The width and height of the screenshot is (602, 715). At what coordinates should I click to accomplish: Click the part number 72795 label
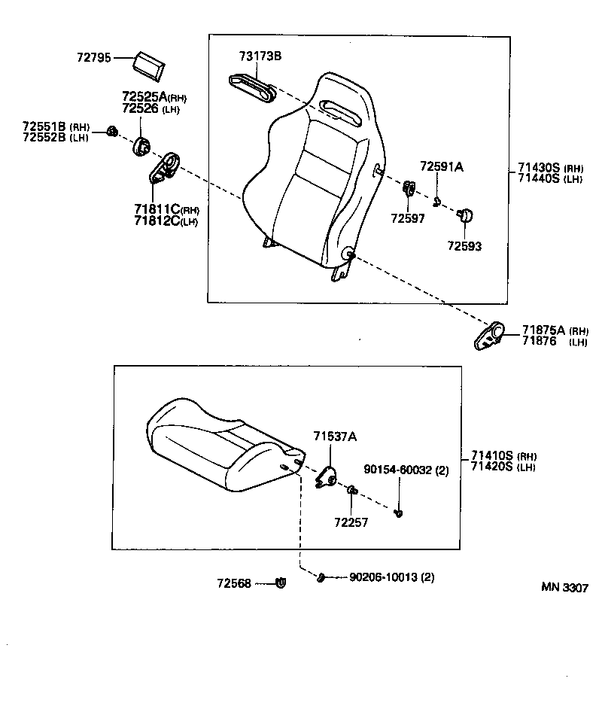tap(93, 57)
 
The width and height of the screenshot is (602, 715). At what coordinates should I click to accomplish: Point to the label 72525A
tap(143, 97)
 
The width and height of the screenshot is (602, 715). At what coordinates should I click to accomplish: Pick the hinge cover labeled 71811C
tap(164, 167)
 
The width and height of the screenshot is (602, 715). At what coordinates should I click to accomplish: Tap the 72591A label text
tap(442, 167)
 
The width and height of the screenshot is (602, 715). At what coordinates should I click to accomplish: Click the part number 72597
tap(407, 219)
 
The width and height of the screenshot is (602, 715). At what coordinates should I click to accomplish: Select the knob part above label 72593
tap(465, 215)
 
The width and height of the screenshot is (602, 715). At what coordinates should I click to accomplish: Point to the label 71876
tap(540, 342)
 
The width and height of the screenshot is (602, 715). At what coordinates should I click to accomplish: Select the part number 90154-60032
tap(400, 470)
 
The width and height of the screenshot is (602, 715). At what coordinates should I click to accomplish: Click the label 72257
tap(351, 522)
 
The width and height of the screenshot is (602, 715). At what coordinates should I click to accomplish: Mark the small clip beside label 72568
tap(281, 582)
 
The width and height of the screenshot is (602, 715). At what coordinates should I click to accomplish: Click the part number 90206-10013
tap(384, 577)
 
